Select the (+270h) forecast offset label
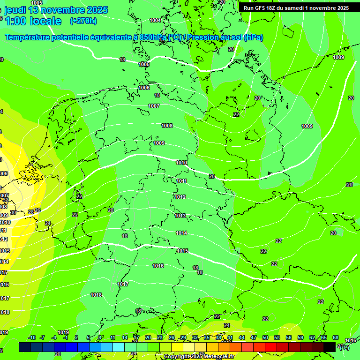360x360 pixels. point(83,21)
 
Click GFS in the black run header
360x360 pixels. point(261,8)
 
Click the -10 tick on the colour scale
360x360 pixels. point(32,337)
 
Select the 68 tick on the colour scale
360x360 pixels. point(336,337)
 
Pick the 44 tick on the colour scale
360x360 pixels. point(242,337)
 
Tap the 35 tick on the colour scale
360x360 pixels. point(207,337)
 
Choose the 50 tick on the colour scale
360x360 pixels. point(265,337)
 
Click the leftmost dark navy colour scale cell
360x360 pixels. point(24,347)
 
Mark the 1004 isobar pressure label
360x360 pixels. point(155,20)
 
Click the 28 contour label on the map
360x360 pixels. point(31,212)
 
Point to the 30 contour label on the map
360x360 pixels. point(13,212)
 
